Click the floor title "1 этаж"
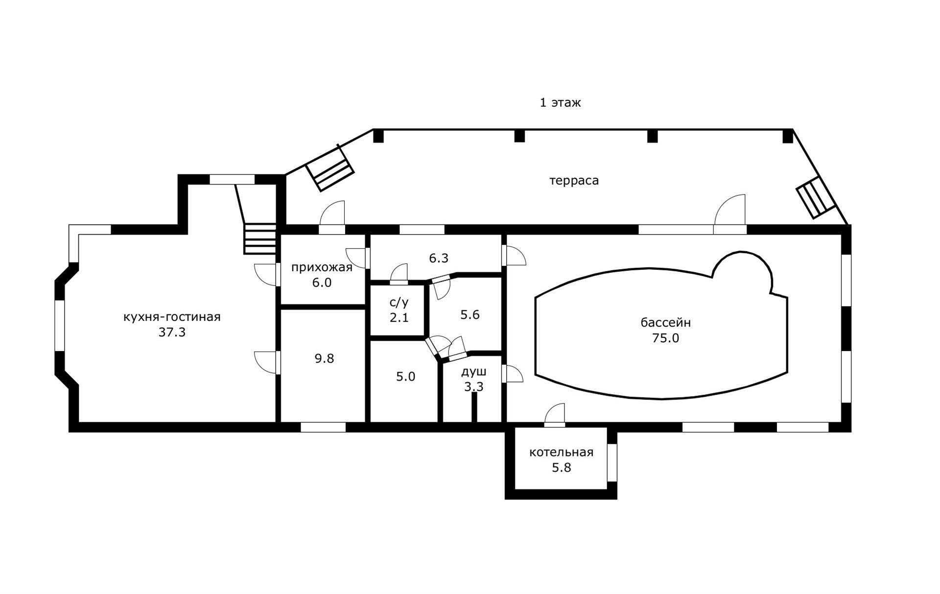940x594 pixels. (560, 103)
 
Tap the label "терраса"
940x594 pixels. (574, 181)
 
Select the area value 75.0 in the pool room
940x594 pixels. (665, 338)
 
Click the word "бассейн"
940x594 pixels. (665, 323)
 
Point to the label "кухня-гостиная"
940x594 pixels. (172, 317)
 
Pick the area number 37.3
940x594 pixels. (172, 333)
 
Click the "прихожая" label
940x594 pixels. (322, 267)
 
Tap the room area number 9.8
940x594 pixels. (324, 359)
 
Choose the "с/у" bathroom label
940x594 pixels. (399, 302)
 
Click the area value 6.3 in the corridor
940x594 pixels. (439, 258)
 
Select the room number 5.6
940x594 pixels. (470, 315)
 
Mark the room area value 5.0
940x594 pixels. (405, 377)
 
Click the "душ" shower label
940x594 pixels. (473, 372)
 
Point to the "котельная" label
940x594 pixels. (561, 452)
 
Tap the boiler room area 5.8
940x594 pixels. (562, 468)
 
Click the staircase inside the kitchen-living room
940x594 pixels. (260, 239)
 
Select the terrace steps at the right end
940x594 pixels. (815, 197)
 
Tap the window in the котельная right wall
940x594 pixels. (612, 463)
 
